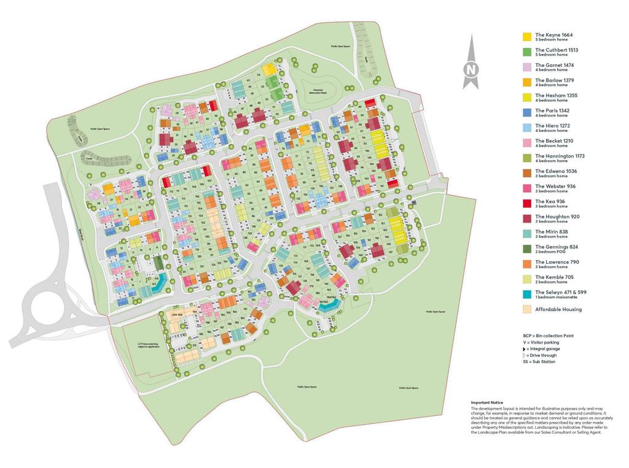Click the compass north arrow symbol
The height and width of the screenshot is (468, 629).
click(471, 63)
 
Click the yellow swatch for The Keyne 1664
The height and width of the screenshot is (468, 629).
click(526, 37)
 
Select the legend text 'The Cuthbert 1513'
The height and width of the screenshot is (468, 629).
click(557, 50)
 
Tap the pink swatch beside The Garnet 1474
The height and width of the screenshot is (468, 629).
click(526, 67)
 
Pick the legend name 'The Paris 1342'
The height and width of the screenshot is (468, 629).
click(552, 111)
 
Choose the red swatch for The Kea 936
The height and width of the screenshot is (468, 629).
click(526, 203)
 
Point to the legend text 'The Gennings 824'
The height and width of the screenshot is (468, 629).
click(557, 247)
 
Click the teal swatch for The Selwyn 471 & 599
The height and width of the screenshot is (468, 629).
click(526, 294)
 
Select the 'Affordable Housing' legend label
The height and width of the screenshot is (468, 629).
click(558, 309)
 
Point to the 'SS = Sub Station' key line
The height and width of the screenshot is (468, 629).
click(539, 362)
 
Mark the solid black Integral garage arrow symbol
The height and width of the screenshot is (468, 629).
click(525, 349)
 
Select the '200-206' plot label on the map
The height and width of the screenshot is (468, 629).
click(178, 314)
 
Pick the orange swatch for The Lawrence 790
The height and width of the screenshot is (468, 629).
click(526, 264)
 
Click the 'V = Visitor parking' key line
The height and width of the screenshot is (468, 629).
click(542, 342)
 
